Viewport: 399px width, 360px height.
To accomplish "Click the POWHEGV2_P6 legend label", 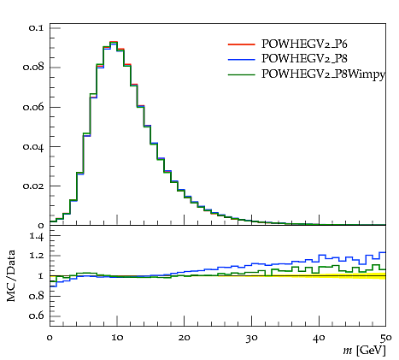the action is coord(304,44).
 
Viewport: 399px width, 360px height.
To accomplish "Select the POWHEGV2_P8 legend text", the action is coord(304,58).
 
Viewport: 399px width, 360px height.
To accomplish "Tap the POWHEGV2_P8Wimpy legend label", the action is coord(323,74).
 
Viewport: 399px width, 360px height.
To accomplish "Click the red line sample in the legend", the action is coord(242,44).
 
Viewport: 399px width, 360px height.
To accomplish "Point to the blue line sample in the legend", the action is coord(242,59).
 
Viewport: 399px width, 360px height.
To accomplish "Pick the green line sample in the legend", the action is coord(242,74).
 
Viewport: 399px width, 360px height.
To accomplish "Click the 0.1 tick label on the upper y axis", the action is coord(36,28).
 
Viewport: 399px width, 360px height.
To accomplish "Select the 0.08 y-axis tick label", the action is coord(33,68).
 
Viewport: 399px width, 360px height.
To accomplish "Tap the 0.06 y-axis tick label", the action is coord(33,107).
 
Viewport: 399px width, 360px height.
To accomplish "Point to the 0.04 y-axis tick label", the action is coord(33,147).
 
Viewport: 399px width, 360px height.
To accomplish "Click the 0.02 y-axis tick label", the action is coord(33,186).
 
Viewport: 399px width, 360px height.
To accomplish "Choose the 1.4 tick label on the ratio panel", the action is coord(36,236).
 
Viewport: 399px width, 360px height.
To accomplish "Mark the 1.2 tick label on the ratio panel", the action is coord(36,256).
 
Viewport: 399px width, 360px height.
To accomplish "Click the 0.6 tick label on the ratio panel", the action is coord(36,316).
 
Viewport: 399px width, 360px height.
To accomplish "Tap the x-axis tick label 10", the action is coord(117,338).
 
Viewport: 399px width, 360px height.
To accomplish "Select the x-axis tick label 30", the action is coord(252,338).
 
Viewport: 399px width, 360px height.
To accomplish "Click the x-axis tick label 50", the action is coord(386,338).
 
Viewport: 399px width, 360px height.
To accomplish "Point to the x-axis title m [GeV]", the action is coord(364,351).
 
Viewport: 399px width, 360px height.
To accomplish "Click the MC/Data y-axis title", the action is coord(11,275).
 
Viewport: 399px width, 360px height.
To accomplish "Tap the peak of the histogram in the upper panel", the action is coord(114,42).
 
